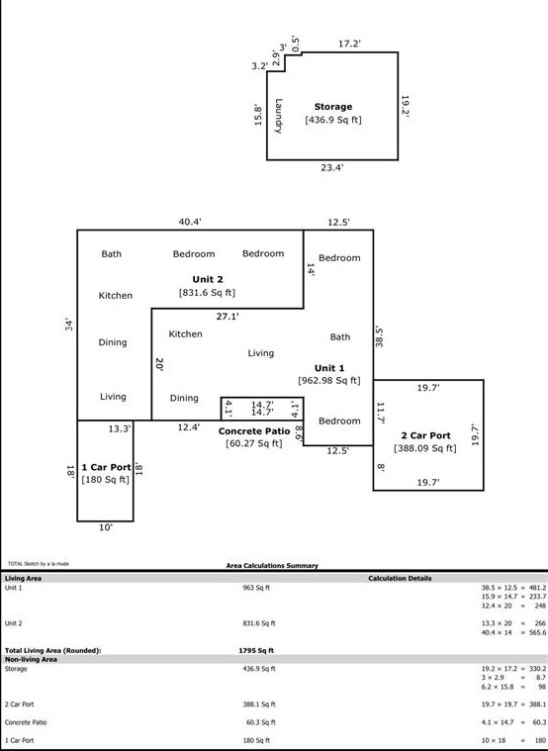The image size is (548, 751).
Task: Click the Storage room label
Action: click(x=333, y=107)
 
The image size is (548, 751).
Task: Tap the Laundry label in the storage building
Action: click(x=280, y=115)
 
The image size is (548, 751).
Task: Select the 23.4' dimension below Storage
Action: click(x=332, y=168)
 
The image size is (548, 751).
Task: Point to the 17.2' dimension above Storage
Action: click(x=350, y=44)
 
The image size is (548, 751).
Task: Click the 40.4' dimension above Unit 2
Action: click(x=190, y=222)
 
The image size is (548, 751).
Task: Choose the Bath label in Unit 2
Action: click(x=112, y=254)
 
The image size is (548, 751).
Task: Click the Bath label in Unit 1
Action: click(x=339, y=337)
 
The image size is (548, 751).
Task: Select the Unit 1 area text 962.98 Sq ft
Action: click(x=329, y=380)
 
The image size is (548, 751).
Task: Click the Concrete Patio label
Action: click(x=253, y=431)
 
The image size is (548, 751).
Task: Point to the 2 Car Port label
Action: click(x=425, y=435)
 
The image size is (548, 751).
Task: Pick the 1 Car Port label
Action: click(x=106, y=467)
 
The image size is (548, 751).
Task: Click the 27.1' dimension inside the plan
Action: click(x=228, y=317)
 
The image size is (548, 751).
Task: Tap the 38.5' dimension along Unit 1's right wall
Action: click(x=380, y=336)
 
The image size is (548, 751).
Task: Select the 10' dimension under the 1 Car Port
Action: click(x=106, y=528)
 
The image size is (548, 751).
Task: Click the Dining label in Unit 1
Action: click(x=184, y=399)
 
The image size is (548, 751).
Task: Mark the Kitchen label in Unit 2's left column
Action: click(x=115, y=296)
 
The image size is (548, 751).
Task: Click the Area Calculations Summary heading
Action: click(x=272, y=566)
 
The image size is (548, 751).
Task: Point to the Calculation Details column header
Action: click(x=400, y=578)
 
